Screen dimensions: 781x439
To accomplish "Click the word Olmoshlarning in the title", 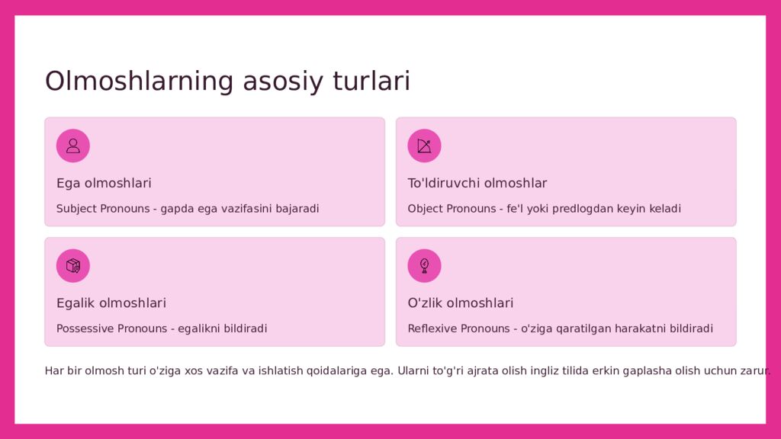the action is pyautogui.click(x=139, y=81).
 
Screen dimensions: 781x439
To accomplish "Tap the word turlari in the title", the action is pyautogui.click(x=371, y=81).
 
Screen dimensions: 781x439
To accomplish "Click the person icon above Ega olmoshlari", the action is pyautogui.click(x=73, y=146).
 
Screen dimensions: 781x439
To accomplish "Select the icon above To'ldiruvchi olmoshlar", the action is pyautogui.click(x=424, y=146).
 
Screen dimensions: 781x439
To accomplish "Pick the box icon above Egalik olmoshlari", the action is pyautogui.click(x=73, y=266).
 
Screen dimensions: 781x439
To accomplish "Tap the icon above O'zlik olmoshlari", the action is pyautogui.click(x=424, y=266).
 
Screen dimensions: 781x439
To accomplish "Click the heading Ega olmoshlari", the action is pyautogui.click(x=104, y=183).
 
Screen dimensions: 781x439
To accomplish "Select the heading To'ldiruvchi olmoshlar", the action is pyautogui.click(x=477, y=183).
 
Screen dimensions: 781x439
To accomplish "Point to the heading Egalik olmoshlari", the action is pyautogui.click(x=111, y=303).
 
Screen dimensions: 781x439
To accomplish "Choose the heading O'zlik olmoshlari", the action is pyautogui.click(x=460, y=303).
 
